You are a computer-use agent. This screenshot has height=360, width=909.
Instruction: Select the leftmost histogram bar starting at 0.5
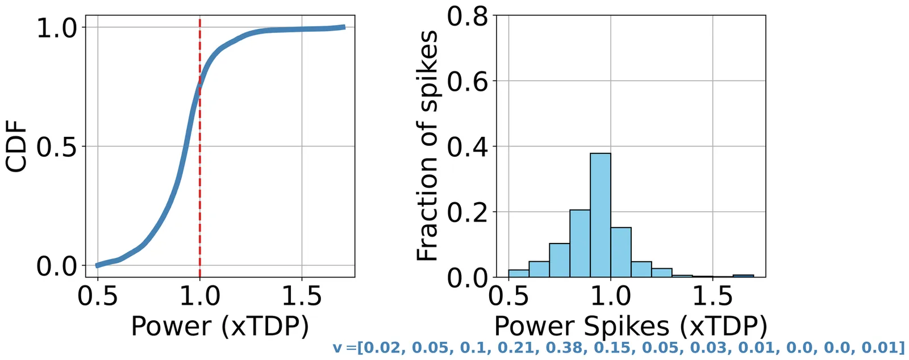click(519, 273)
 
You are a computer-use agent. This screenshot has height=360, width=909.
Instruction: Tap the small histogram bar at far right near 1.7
click(743, 276)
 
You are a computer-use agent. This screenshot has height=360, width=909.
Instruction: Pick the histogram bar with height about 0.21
click(580, 244)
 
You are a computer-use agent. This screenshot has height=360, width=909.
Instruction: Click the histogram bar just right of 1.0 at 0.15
click(621, 253)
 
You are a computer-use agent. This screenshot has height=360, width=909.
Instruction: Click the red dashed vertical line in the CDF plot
click(200, 170)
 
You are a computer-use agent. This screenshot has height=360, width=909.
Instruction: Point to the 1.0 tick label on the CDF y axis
click(57, 28)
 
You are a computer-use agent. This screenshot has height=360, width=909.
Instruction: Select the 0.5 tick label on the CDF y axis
click(57, 147)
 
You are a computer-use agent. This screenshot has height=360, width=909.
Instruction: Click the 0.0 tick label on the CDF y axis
click(57, 266)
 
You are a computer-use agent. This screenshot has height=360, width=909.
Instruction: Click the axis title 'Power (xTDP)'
click(220, 326)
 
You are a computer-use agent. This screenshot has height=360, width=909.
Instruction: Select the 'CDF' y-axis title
click(16, 146)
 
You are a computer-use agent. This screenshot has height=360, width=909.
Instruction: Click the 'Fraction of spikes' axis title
click(427, 146)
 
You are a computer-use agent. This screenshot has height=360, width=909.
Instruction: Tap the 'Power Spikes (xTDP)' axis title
click(631, 326)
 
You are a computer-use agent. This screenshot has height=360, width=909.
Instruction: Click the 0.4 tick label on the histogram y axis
click(468, 147)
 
